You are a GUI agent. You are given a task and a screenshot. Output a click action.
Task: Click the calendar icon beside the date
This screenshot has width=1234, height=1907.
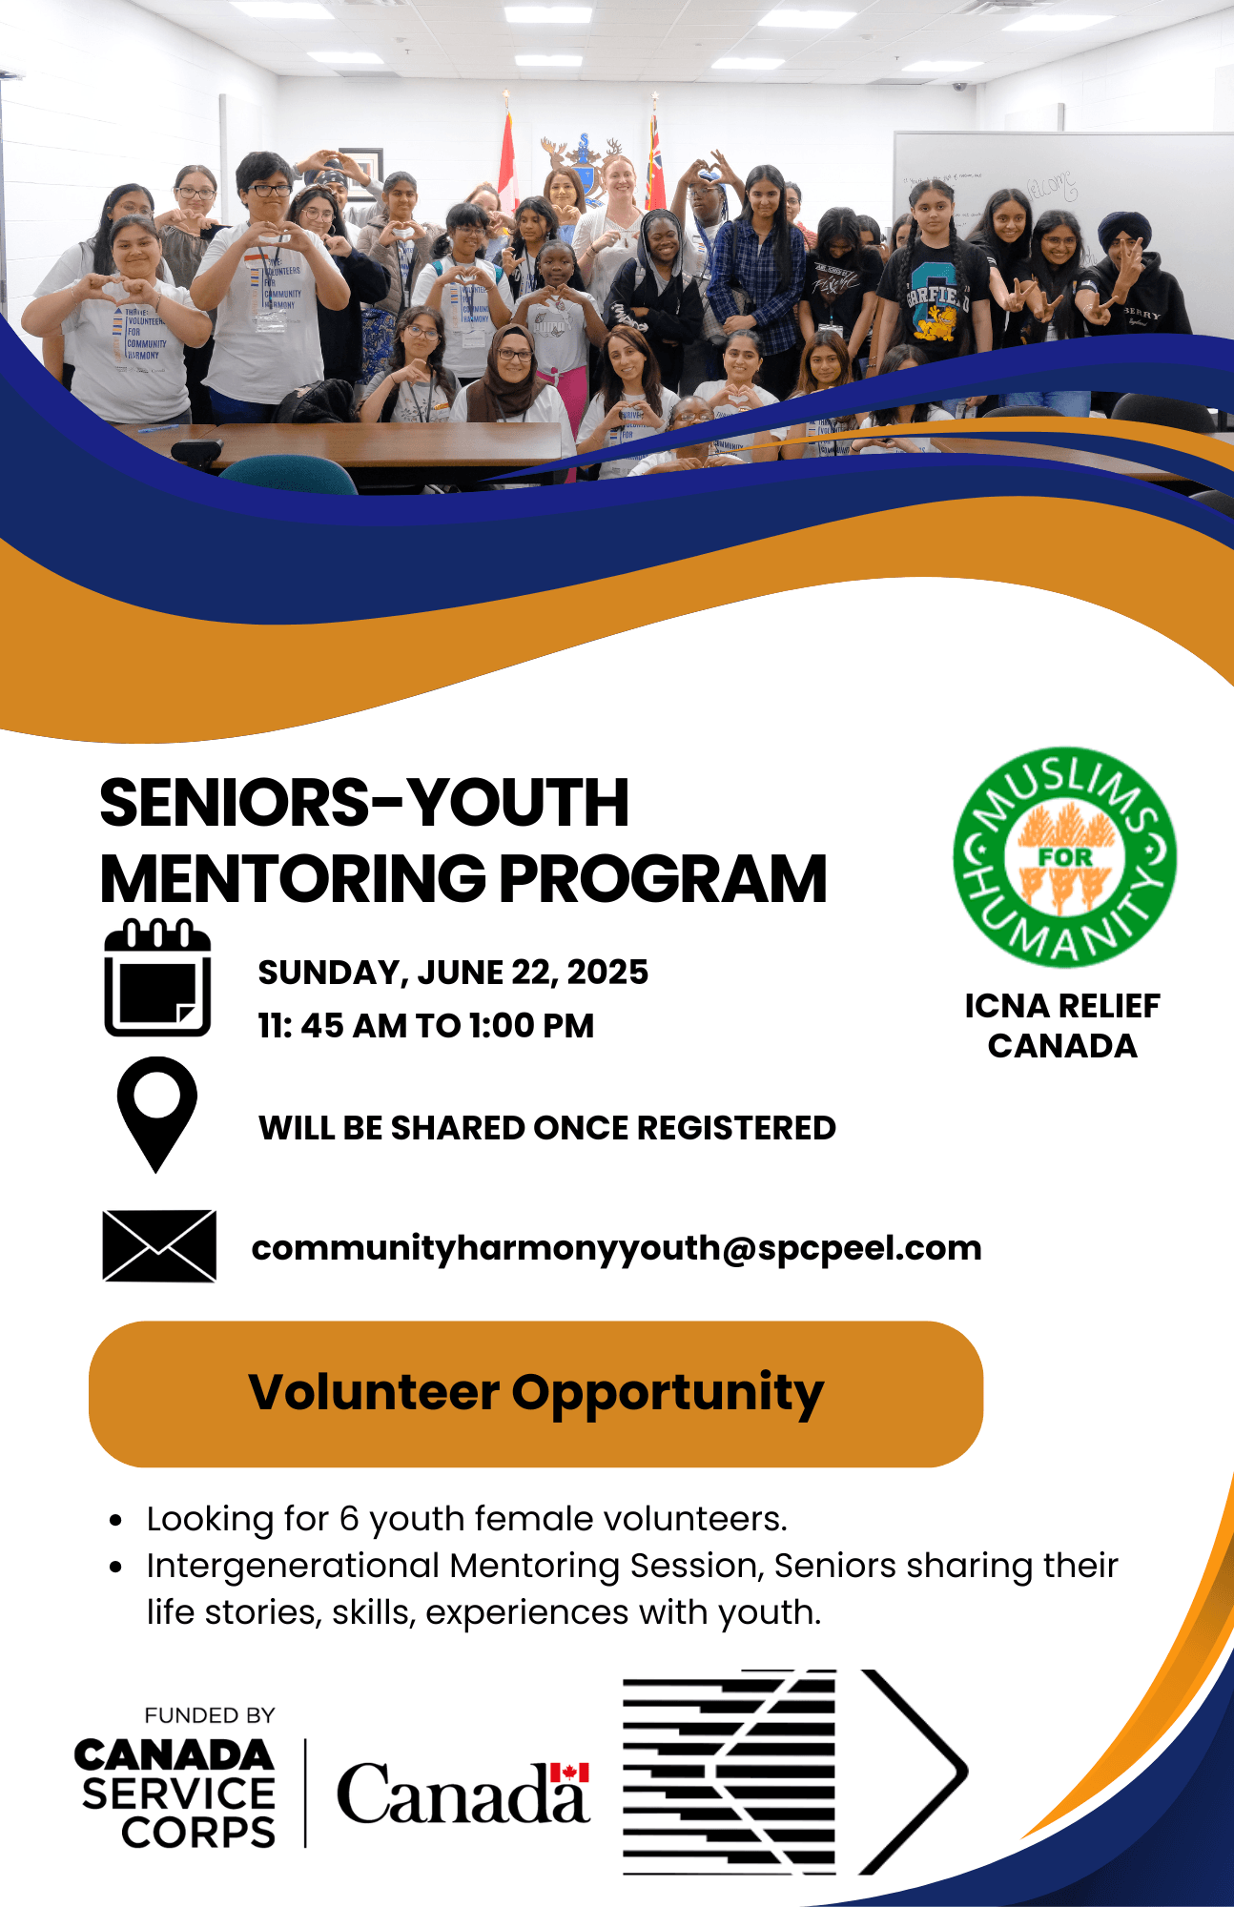pyautogui.click(x=157, y=978)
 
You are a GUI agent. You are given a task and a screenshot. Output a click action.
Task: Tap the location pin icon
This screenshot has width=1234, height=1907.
pyautogui.click(x=156, y=1114)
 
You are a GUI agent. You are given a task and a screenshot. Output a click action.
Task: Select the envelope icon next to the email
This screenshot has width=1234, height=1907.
pyautogui.click(x=159, y=1246)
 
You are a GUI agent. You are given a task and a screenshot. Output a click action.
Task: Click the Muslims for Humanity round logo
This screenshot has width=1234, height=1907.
pyautogui.click(x=1064, y=857)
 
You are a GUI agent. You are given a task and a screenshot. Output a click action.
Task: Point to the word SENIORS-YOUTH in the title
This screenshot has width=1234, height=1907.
pyautogui.click(x=364, y=803)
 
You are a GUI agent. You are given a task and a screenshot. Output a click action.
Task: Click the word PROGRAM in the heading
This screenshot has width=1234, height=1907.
pyautogui.click(x=663, y=878)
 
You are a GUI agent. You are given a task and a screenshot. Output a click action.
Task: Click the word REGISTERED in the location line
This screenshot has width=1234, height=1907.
pyautogui.click(x=736, y=1128)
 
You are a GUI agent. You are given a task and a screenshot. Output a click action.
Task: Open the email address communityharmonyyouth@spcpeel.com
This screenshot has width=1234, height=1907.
pyautogui.click(x=616, y=1248)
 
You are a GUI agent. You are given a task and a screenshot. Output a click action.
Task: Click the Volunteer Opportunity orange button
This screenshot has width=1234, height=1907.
pyautogui.click(x=536, y=1394)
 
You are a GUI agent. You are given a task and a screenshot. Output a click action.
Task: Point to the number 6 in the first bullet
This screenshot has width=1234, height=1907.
pyautogui.click(x=349, y=1519)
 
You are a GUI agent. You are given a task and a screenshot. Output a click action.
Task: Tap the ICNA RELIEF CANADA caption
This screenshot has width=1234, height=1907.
pyautogui.click(x=1062, y=1026)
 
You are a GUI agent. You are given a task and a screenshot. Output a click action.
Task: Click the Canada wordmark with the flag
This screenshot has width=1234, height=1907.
pyautogui.click(x=463, y=1793)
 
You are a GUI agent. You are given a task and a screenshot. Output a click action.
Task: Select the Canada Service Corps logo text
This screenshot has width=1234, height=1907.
pyautogui.click(x=175, y=1794)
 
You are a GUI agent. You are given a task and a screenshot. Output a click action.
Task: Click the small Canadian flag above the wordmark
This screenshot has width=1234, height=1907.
pyautogui.click(x=570, y=1773)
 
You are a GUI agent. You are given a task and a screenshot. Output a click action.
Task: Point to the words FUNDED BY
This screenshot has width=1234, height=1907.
pyautogui.click(x=210, y=1715)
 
